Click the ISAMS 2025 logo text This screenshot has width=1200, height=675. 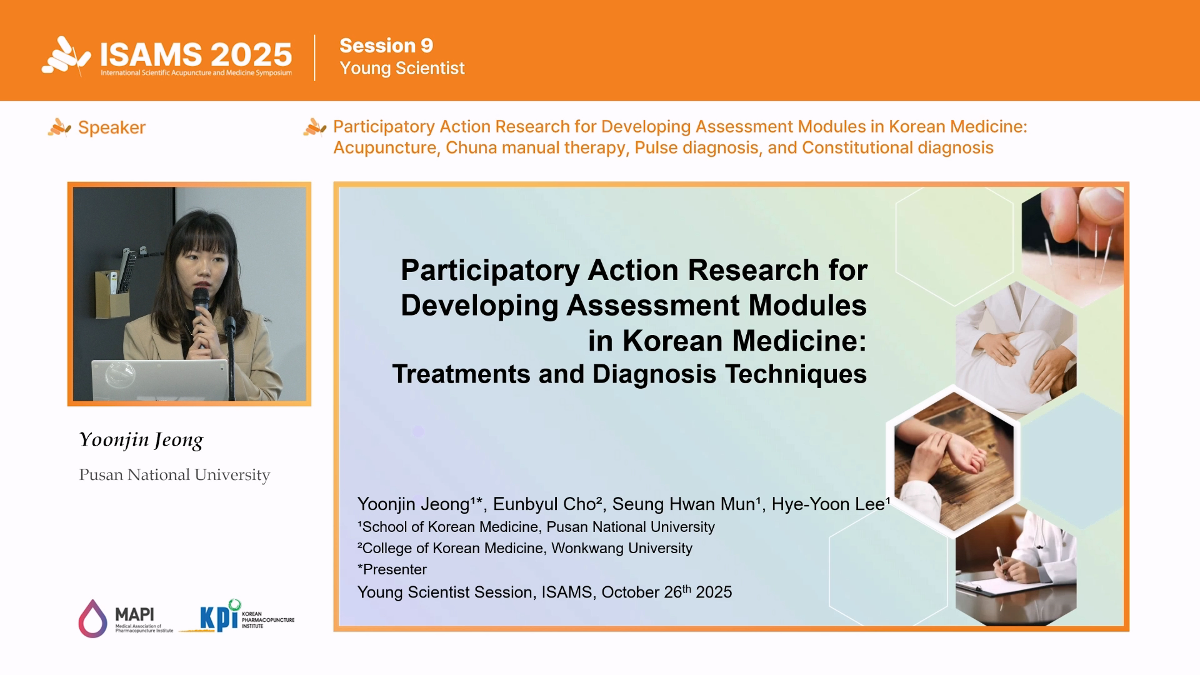tap(196, 55)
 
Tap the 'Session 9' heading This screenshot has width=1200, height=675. tap(386, 46)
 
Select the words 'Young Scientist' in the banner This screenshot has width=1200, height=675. tap(402, 68)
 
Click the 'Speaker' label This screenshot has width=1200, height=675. tap(112, 127)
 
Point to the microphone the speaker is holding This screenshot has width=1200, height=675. tap(201, 312)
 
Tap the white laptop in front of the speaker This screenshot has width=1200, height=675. tap(160, 380)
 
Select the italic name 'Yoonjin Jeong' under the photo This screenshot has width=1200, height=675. tap(141, 440)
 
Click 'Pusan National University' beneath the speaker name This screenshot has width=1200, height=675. tap(174, 475)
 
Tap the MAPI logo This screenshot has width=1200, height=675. tap(126, 619)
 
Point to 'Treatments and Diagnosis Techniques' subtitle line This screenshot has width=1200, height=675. tap(629, 374)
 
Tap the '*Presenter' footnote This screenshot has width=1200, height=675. tap(392, 569)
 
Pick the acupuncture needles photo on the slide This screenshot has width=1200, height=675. tap(1072, 244)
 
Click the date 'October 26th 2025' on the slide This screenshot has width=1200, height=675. tap(667, 592)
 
